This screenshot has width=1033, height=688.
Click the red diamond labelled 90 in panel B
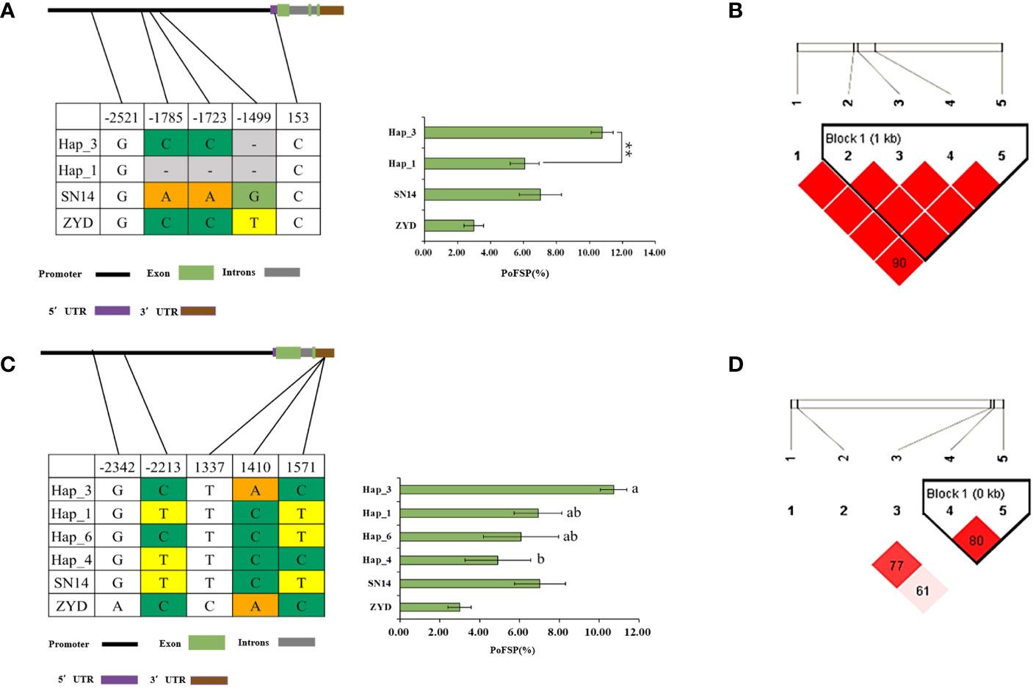(x=899, y=262)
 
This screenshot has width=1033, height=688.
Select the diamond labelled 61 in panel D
(x=923, y=590)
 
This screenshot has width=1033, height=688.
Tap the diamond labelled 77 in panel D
(x=896, y=566)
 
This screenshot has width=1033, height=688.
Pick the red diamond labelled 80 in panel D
(x=976, y=541)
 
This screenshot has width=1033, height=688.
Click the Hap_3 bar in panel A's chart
(x=513, y=133)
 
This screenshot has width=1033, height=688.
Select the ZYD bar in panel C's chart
(x=429, y=607)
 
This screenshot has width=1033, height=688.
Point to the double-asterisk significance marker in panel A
(x=629, y=149)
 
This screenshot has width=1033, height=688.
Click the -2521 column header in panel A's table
(x=122, y=117)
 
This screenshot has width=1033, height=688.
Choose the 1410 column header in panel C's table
(x=255, y=467)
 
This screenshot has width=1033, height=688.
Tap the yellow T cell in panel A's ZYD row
(x=254, y=222)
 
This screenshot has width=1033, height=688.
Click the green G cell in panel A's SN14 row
(x=254, y=196)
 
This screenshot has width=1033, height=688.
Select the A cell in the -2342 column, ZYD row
(x=117, y=606)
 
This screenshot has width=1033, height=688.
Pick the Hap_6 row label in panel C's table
(x=72, y=537)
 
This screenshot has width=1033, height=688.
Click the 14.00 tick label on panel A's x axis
(x=654, y=253)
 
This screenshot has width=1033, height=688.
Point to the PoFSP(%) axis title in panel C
(x=512, y=650)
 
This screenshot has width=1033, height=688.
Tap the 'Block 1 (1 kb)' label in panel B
(x=863, y=139)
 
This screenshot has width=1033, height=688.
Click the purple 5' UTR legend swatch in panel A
(x=112, y=311)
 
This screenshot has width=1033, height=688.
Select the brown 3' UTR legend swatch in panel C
(x=209, y=680)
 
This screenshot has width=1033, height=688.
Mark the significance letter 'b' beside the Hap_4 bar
(x=540, y=560)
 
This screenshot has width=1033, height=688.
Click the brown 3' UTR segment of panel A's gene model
(x=332, y=10)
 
